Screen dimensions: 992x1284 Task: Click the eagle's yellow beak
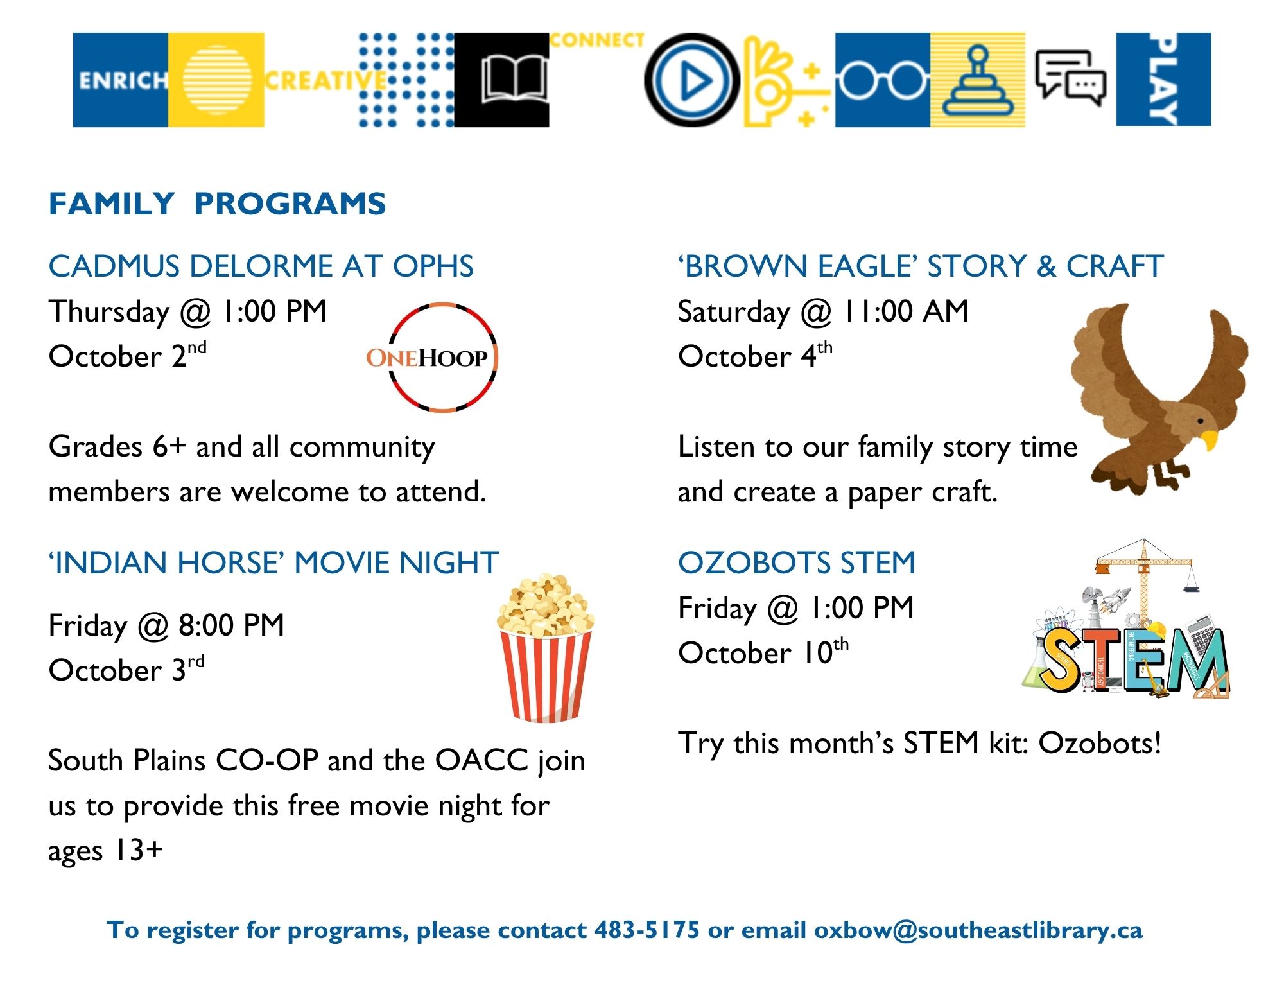coord(1210,440)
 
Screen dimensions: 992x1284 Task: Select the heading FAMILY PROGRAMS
coord(217,204)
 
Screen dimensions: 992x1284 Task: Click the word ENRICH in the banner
coord(122,81)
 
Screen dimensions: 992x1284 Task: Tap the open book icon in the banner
coord(514,80)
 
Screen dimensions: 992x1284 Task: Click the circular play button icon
coord(691,80)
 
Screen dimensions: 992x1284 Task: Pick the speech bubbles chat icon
coord(1070,79)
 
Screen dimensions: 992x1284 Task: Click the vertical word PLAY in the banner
coord(1163,80)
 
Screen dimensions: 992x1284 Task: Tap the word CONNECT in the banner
coord(596,40)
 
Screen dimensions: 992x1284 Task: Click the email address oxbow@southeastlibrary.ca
coord(978,930)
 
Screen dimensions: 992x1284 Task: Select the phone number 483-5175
coord(646,930)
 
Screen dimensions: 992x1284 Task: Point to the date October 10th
coord(763,653)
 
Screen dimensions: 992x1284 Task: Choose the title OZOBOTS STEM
coord(796,563)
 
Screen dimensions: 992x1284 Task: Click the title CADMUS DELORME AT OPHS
coord(261,266)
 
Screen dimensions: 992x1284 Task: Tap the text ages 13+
coord(106,851)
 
